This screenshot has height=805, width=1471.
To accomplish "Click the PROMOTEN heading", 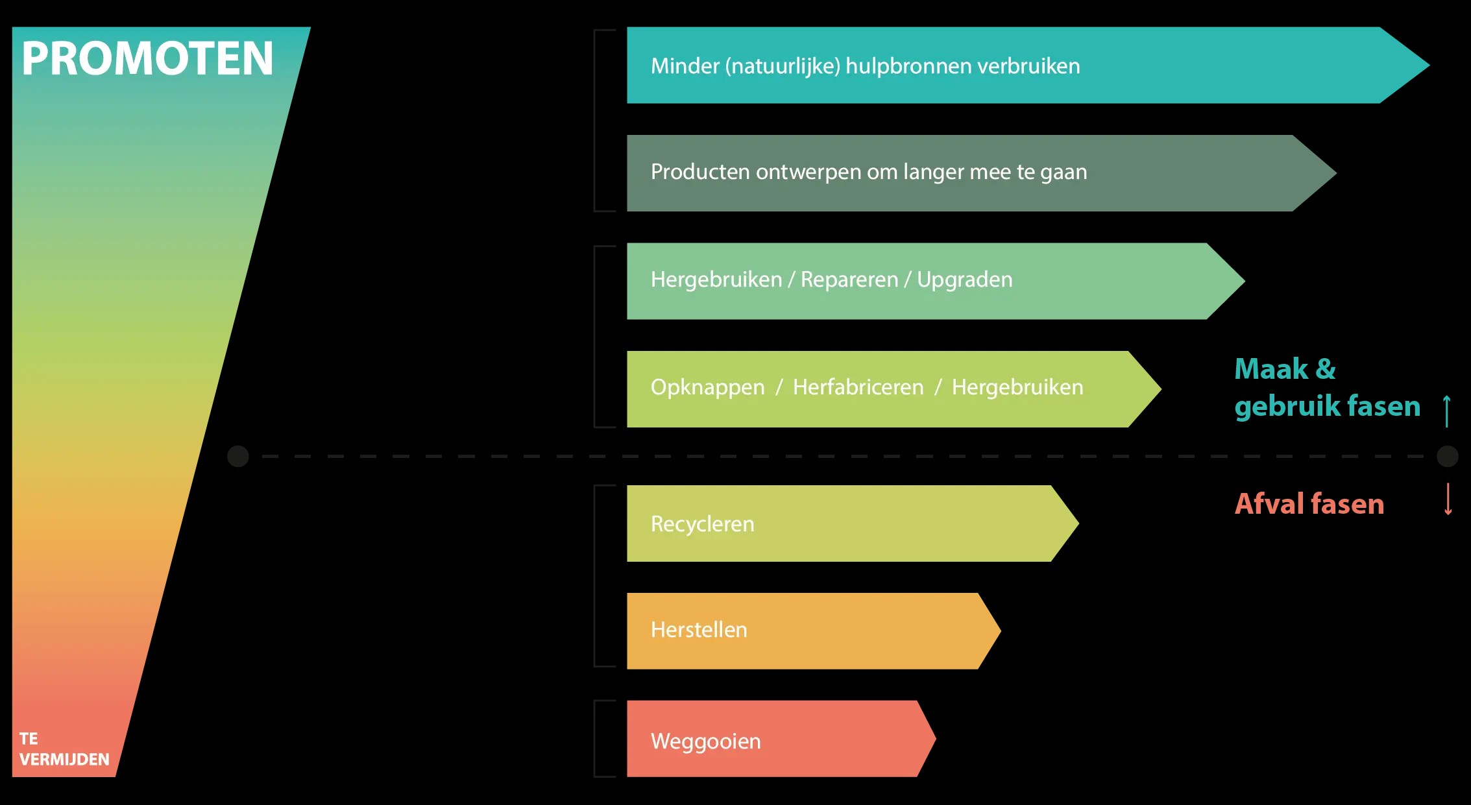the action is (147, 58).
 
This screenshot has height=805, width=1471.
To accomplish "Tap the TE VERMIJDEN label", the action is (64, 749).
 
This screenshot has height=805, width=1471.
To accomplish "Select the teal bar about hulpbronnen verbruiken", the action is (1027, 65).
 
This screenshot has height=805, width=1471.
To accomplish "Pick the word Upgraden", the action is (965, 280).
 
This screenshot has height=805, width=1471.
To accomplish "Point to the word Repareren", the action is (849, 280).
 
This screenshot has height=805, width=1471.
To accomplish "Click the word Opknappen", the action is (708, 387).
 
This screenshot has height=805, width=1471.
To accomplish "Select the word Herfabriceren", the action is (858, 387).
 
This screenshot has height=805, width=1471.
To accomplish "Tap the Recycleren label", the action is (703, 523).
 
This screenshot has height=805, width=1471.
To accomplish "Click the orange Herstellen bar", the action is (814, 631).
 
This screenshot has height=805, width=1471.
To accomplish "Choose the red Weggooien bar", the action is (781, 738).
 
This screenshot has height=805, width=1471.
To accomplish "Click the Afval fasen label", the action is (1309, 503).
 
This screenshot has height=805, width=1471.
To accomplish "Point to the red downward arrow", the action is (1448, 499).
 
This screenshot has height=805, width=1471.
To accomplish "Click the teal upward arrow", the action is (1446, 411).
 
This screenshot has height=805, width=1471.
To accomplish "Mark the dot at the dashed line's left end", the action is (238, 456).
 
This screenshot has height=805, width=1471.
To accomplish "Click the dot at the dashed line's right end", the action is (1448, 456).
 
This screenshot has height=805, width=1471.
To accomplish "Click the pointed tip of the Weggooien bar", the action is (936, 738).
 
